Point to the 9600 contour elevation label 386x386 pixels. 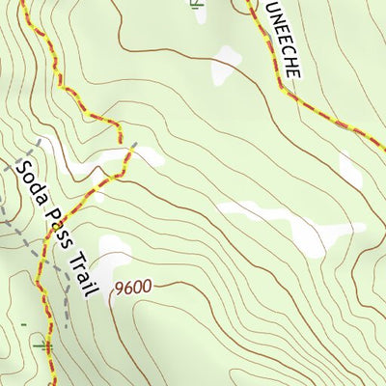click(x=133, y=288)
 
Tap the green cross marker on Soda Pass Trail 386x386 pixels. click(x=43, y=343)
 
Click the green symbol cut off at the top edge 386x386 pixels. click(x=197, y=4)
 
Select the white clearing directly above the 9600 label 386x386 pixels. click(x=114, y=256)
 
